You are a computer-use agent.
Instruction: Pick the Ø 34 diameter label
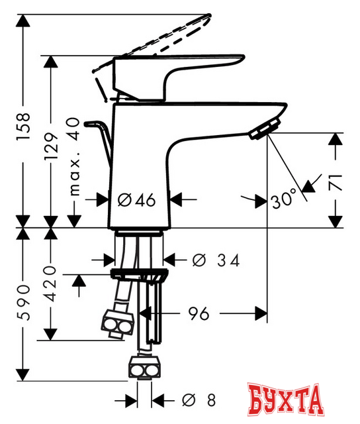tap(215, 260)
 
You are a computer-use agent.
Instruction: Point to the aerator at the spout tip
tap(263, 129)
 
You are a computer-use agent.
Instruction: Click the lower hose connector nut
tap(145, 366)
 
